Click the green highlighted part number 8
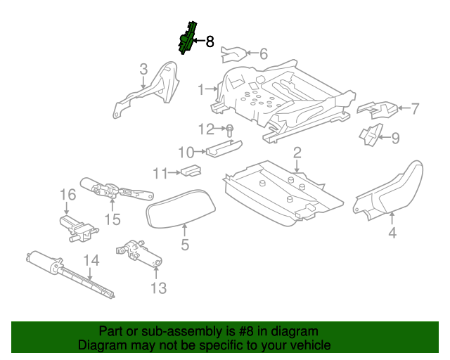point(187,38)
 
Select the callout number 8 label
point(210,41)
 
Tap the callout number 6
point(264,53)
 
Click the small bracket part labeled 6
point(233,54)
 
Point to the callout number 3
point(143,69)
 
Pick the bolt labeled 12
point(229,131)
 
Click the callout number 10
point(186,152)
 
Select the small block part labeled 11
point(191,171)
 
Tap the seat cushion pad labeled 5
point(181,209)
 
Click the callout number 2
point(297,153)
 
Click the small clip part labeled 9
point(372,134)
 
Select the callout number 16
point(68,195)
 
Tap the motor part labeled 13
point(139,254)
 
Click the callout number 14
point(91,260)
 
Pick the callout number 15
point(112,219)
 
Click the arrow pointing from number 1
point(211,89)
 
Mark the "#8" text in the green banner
point(246,331)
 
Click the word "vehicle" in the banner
point(311,345)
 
